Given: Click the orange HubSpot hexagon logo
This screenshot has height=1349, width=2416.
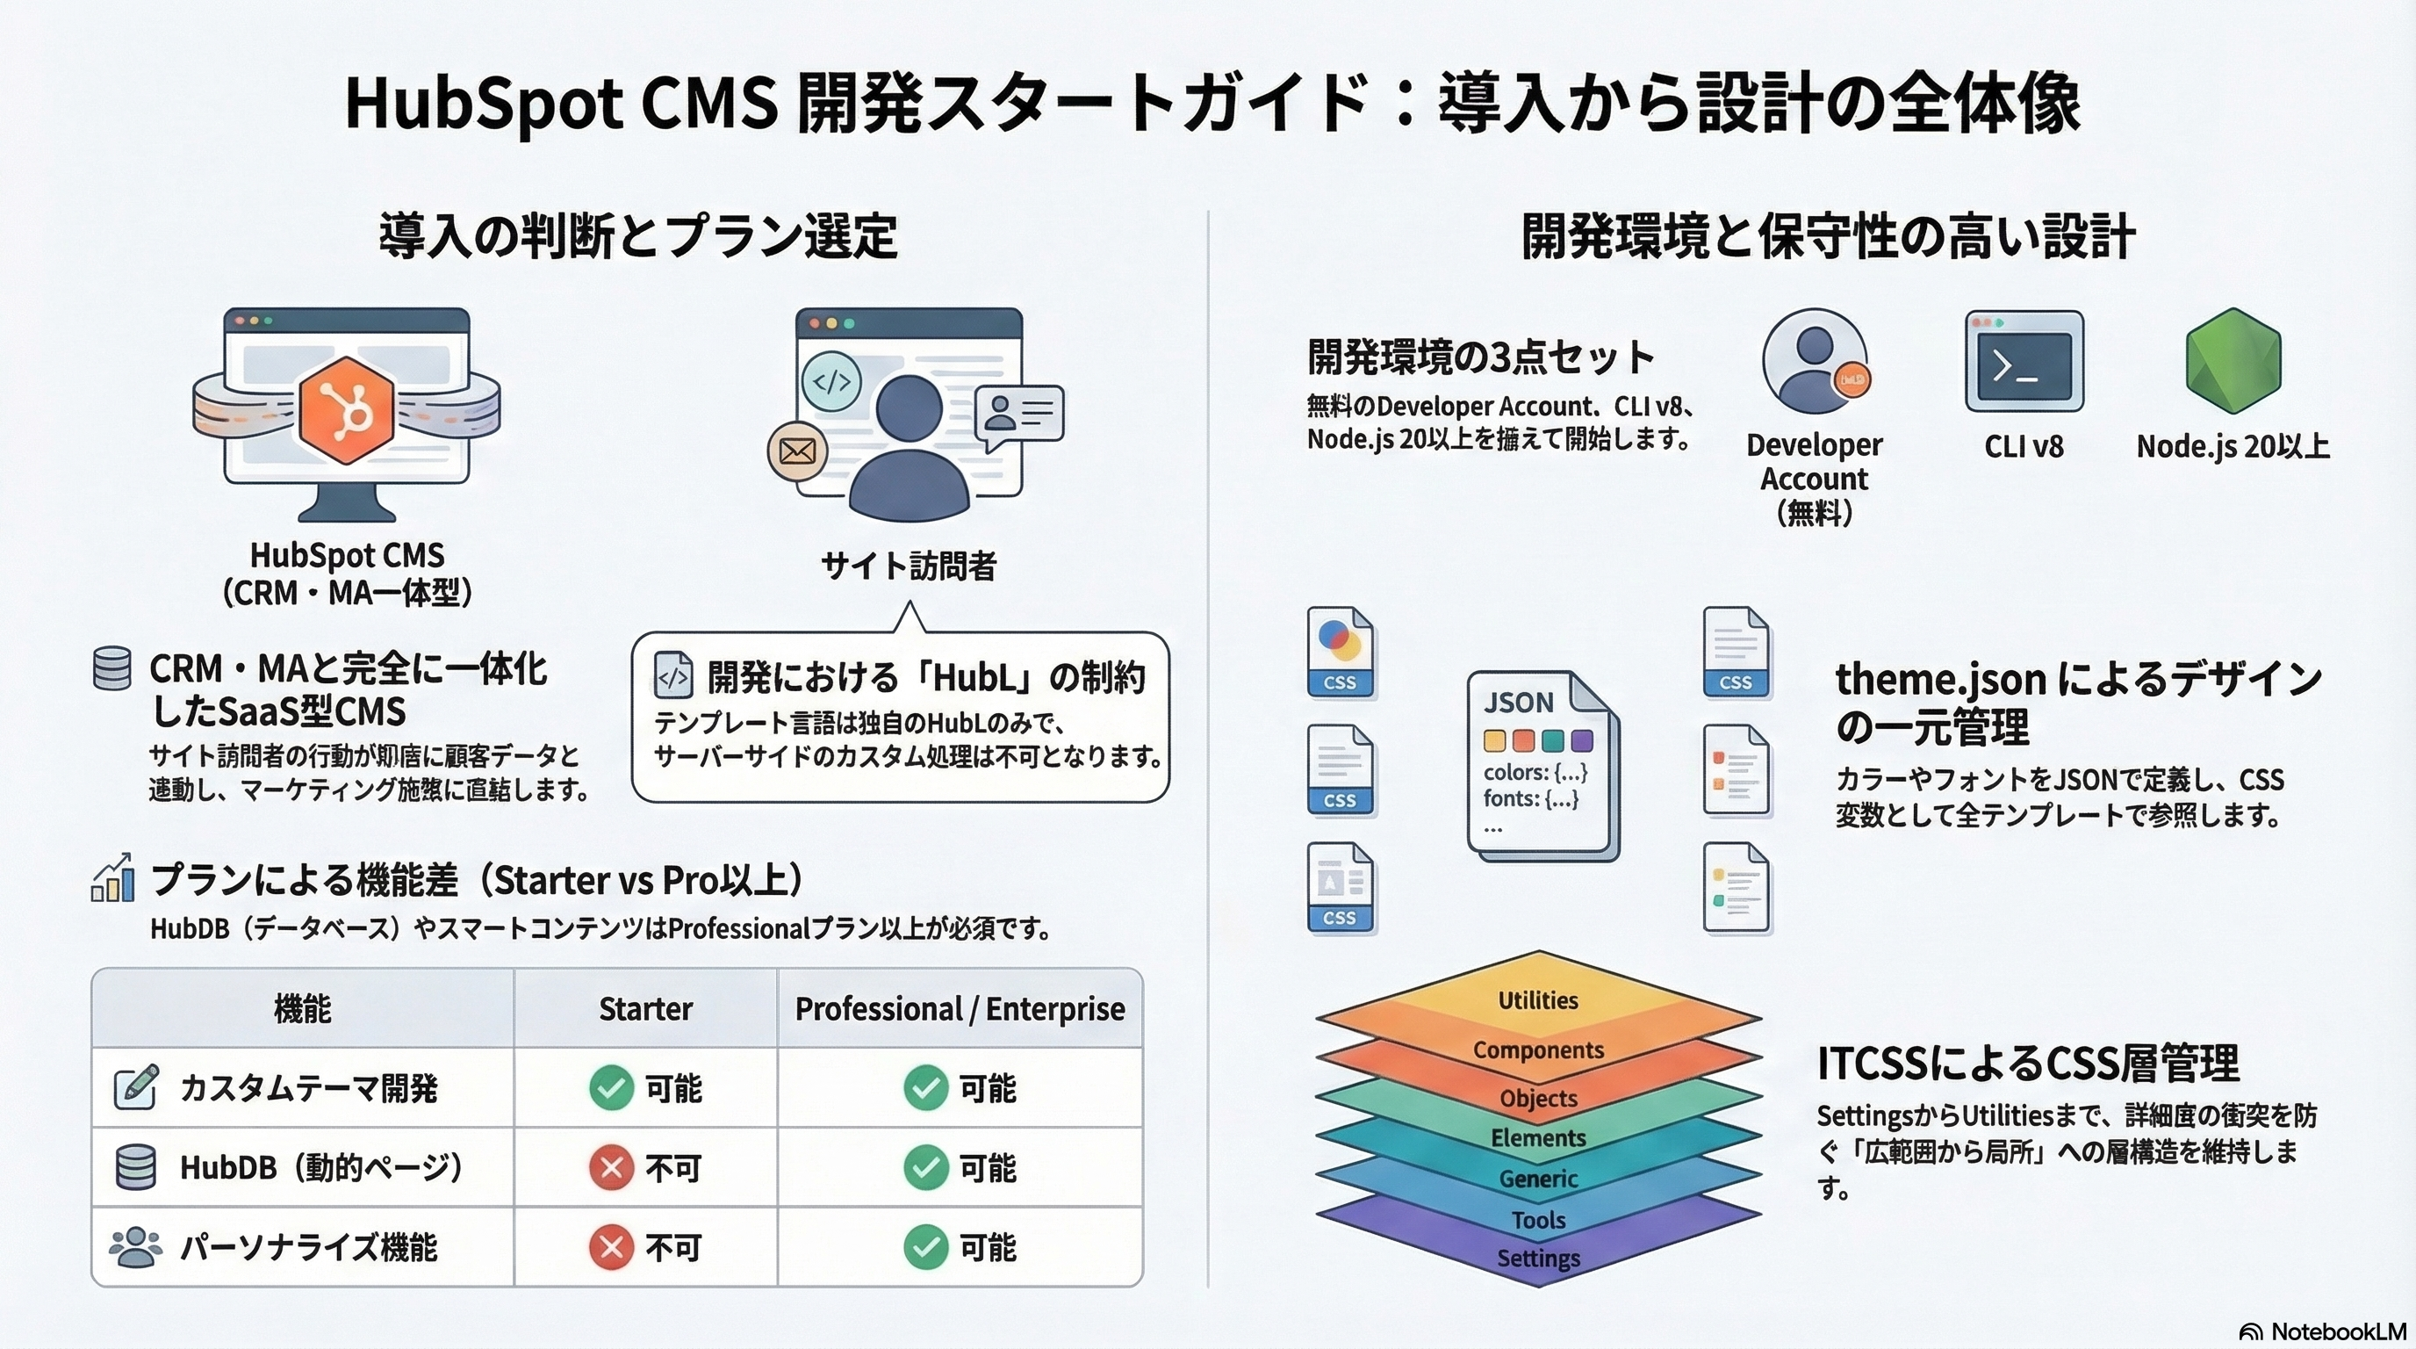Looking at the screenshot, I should tap(346, 410).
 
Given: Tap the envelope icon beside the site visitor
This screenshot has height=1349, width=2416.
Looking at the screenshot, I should tap(797, 451).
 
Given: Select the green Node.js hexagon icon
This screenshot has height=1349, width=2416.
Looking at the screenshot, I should tap(2233, 361).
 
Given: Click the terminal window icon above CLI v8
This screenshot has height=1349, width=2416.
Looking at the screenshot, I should tap(2024, 362).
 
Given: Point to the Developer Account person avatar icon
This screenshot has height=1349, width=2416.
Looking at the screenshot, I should tap(1814, 361).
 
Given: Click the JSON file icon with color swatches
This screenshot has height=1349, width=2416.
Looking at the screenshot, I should tap(1541, 765).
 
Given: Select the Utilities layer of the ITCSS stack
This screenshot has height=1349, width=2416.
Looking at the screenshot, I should tap(1538, 1000).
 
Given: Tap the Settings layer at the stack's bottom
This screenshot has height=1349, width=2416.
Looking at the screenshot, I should tap(1538, 1259).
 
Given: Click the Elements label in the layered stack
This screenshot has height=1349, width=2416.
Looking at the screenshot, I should tap(1538, 1138).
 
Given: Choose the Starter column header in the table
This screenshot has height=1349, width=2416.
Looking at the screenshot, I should tap(645, 1008).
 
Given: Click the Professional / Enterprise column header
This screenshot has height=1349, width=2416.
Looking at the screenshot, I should tap(960, 1008).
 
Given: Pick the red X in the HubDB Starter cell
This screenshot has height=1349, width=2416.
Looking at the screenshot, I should tap(612, 1168).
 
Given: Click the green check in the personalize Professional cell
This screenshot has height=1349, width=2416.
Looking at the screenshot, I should tap(925, 1248).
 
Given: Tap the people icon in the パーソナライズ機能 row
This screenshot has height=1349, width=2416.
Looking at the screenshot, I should tap(135, 1247).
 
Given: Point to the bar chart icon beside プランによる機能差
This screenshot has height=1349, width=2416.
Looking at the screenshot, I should tap(112, 879).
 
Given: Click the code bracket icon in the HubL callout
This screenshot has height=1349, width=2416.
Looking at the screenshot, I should tap(673, 675).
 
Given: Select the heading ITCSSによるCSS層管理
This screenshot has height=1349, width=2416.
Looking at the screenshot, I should tap(2028, 1064).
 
